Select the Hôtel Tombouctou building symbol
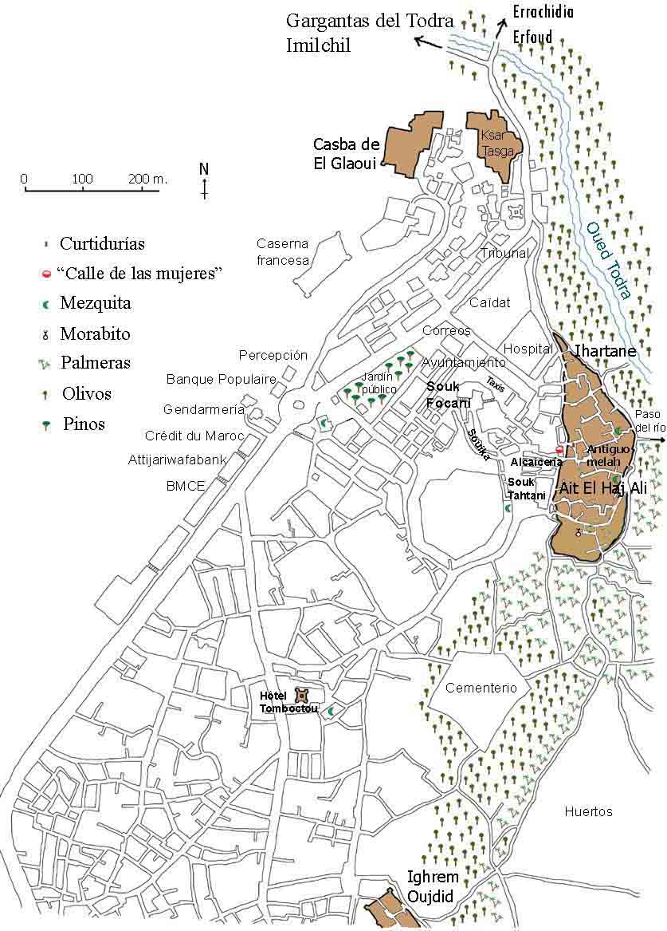tap(302, 696)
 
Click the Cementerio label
tap(481, 688)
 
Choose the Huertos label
tap(588, 811)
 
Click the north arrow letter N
tap(204, 169)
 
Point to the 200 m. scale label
tap(149, 179)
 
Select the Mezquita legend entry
tap(96, 303)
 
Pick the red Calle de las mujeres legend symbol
tap(47, 274)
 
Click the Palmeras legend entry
tap(96, 363)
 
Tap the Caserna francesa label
tap(282, 251)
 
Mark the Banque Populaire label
tap(221, 379)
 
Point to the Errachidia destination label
tap(544, 12)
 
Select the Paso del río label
tap(649, 421)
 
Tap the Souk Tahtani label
tap(527, 489)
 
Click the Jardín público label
tap(378, 383)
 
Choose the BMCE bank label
tap(186, 486)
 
